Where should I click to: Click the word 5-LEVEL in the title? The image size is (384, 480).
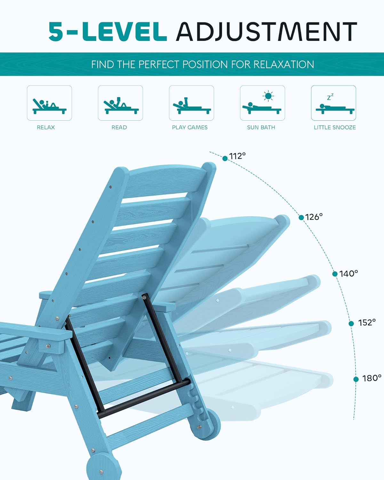(108, 32)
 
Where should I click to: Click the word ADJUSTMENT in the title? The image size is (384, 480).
(266, 32)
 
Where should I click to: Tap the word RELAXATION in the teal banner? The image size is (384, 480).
(284, 64)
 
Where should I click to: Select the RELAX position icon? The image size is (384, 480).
(49, 103)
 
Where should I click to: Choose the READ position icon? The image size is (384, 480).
(120, 103)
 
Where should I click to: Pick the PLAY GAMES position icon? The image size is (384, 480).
(191, 103)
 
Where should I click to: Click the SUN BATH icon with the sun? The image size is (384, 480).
(262, 103)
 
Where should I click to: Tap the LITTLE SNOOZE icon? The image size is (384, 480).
(333, 103)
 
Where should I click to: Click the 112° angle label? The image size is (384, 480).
(237, 156)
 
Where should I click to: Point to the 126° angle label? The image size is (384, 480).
(314, 217)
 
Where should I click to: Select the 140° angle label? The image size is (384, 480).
(348, 274)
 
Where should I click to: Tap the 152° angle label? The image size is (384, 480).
(367, 323)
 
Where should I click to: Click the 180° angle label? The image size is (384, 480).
(372, 378)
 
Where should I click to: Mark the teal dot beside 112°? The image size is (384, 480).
(225, 158)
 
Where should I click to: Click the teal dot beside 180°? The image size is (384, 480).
(356, 379)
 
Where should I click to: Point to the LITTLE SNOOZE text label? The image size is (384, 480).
(335, 127)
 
